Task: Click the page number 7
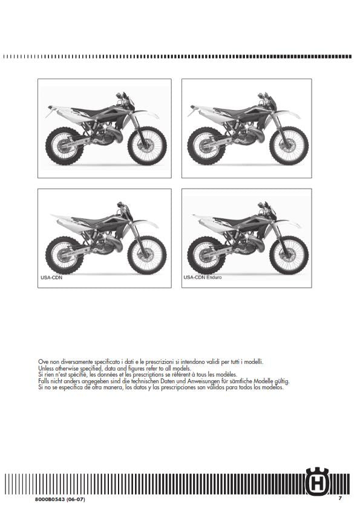340,498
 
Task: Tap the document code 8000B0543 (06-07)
60,499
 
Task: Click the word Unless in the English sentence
45,368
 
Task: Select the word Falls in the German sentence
44,381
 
